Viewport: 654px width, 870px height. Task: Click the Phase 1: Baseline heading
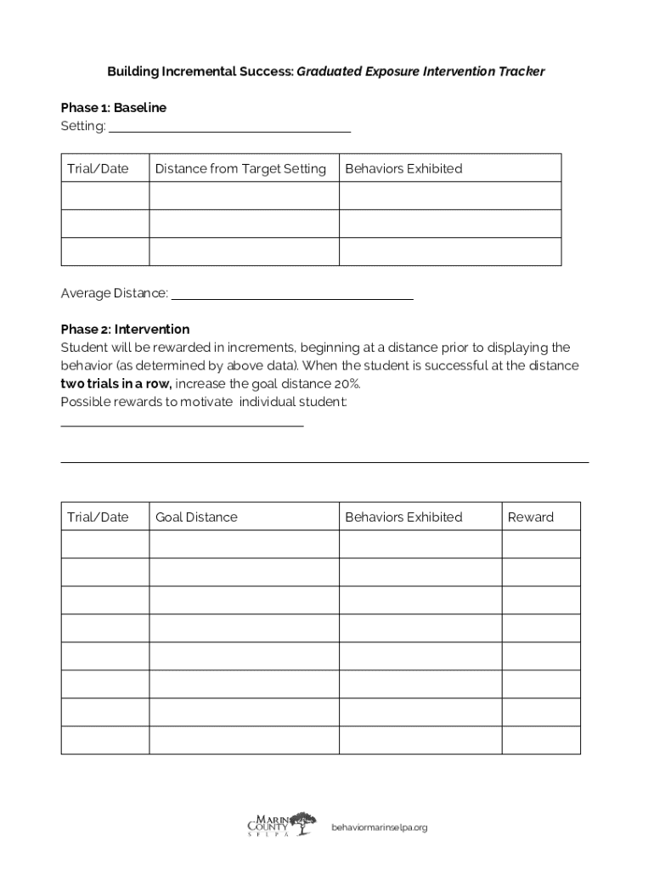[x=113, y=108]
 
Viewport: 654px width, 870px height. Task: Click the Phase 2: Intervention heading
[x=125, y=329]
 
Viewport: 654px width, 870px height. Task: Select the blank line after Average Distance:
[x=292, y=298]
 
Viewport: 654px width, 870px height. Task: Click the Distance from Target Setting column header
[x=240, y=168]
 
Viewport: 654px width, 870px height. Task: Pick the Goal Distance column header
[x=196, y=517]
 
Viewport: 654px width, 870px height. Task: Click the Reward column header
[x=530, y=517]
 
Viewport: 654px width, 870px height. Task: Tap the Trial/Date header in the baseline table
[x=98, y=168]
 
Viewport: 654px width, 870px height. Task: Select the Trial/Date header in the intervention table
[x=98, y=517]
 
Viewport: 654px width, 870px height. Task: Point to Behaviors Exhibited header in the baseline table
[x=403, y=168]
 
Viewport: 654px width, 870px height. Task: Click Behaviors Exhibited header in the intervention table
[x=403, y=517]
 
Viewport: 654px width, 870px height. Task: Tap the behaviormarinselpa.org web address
[x=379, y=827]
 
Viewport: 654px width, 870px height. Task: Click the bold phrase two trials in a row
[x=116, y=383]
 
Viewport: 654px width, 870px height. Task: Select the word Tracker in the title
[x=523, y=71]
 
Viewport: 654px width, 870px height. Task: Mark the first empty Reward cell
[x=541, y=545]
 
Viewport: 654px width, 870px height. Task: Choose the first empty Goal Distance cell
[x=244, y=545]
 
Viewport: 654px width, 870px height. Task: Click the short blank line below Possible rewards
[x=182, y=424]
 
